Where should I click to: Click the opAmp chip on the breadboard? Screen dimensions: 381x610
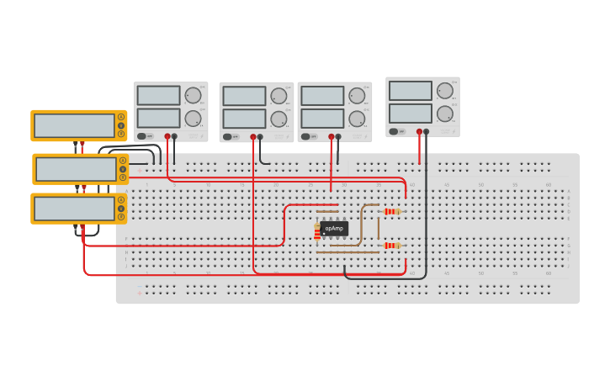[x=334, y=228]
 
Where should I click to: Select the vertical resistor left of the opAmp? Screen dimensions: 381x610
[x=317, y=232]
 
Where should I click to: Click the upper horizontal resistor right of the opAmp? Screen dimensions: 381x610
[x=390, y=212]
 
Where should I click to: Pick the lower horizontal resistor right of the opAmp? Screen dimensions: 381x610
[x=390, y=246]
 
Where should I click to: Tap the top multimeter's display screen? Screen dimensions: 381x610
[x=74, y=125]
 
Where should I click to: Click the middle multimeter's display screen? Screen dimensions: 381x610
[x=76, y=169]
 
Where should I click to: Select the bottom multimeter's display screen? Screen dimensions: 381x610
[x=74, y=209]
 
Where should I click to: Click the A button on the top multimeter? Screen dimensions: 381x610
[x=121, y=117]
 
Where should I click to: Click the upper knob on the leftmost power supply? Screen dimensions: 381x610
[x=193, y=95]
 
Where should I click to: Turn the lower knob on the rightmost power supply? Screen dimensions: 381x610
[x=445, y=114]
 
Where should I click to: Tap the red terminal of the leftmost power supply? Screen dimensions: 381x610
[x=167, y=136]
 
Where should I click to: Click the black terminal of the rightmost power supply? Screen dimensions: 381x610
[x=426, y=131]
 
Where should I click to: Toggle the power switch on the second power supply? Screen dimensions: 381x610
[x=228, y=136]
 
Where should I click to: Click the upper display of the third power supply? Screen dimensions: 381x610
[x=322, y=96]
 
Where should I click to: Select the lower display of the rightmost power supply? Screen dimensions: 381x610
[x=411, y=113]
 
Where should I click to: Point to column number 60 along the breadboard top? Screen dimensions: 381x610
[x=549, y=184]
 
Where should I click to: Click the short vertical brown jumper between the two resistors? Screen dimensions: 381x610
[x=378, y=229]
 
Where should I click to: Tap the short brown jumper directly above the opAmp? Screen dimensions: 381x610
[x=327, y=211]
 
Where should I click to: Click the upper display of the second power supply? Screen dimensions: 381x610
[x=244, y=96]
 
